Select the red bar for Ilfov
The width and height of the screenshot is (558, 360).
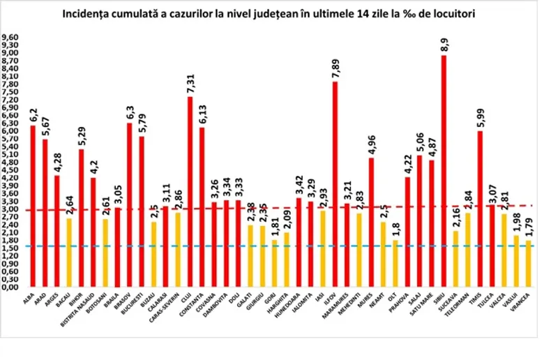(x=335, y=184)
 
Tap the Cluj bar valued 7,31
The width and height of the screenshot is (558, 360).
(x=190, y=192)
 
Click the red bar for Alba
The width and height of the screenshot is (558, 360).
(x=33, y=206)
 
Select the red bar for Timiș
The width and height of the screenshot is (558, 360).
(x=480, y=209)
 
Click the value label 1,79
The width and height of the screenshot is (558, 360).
(x=528, y=225)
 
